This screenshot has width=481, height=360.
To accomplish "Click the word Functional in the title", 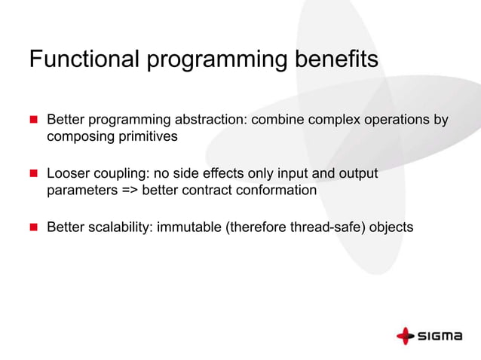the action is (84, 59).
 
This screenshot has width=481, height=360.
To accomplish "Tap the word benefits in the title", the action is (336, 59).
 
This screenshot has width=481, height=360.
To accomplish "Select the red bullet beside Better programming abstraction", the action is (34, 119).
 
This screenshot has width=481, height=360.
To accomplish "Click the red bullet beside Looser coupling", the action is (34, 173).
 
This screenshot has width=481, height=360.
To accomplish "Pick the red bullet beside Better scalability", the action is (34, 227).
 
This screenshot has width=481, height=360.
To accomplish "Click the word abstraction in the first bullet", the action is (211, 120).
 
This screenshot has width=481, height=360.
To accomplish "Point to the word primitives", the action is (149, 136).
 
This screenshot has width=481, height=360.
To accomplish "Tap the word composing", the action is (81, 137).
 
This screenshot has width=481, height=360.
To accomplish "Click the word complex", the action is (335, 120).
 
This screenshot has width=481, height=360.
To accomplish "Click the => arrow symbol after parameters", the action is (130, 191).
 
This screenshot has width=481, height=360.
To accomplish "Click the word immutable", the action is (189, 227).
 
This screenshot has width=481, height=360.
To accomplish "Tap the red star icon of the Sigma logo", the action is (406, 336).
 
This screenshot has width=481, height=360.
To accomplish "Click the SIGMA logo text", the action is (440, 336).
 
